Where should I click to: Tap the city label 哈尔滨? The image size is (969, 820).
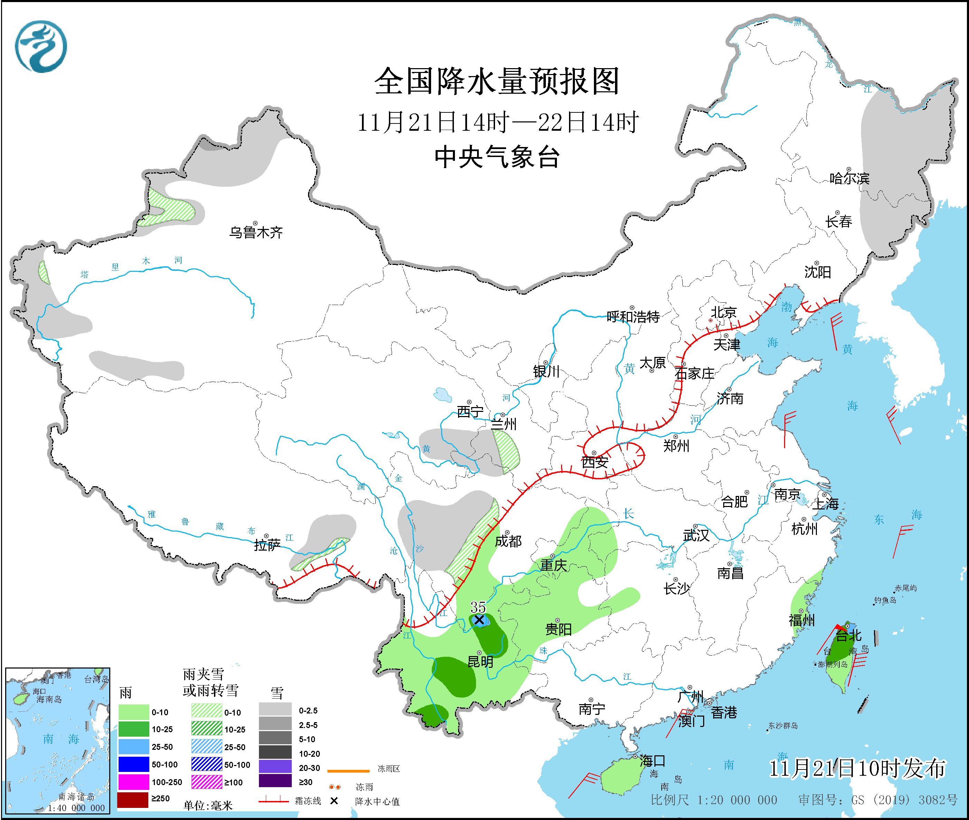(x=849, y=178)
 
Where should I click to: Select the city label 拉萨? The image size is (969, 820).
(x=267, y=545)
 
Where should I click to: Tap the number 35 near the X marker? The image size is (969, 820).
(x=478, y=607)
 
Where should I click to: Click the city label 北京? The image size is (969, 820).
(x=724, y=312)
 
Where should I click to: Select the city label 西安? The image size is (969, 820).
(x=595, y=462)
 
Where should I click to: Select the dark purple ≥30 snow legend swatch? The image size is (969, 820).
(x=275, y=782)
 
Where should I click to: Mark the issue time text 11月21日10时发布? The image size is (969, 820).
(x=857, y=769)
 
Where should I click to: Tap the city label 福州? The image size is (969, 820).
(x=802, y=620)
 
